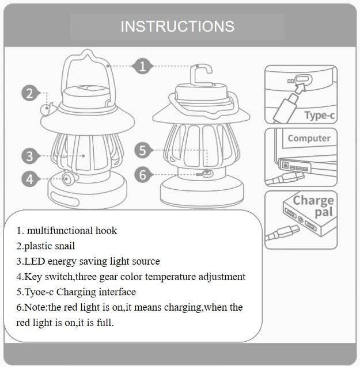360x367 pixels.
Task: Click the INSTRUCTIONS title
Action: [x=177, y=26]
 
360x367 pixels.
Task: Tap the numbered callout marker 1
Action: [x=142, y=67]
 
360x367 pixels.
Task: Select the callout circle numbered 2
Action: [x=30, y=93]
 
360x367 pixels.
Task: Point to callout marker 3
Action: [x=29, y=156]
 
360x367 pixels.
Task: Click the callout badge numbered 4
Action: [x=29, y=179]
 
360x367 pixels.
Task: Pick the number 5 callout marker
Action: [x=143, y=150]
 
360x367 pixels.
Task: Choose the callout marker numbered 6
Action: [x=143, y=175]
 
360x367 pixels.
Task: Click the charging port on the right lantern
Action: [x=207, y=174]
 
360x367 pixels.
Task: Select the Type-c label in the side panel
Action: [x=320, y=116]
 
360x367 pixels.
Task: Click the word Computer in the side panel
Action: [x=309, y=138]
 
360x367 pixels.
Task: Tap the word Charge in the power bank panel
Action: [x=313, y=201]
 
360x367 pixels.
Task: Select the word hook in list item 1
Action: [x=106, y=231]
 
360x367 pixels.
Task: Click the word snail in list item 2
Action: [x=65, y=246]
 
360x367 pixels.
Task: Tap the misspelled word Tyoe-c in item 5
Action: [x=39, y=292]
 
